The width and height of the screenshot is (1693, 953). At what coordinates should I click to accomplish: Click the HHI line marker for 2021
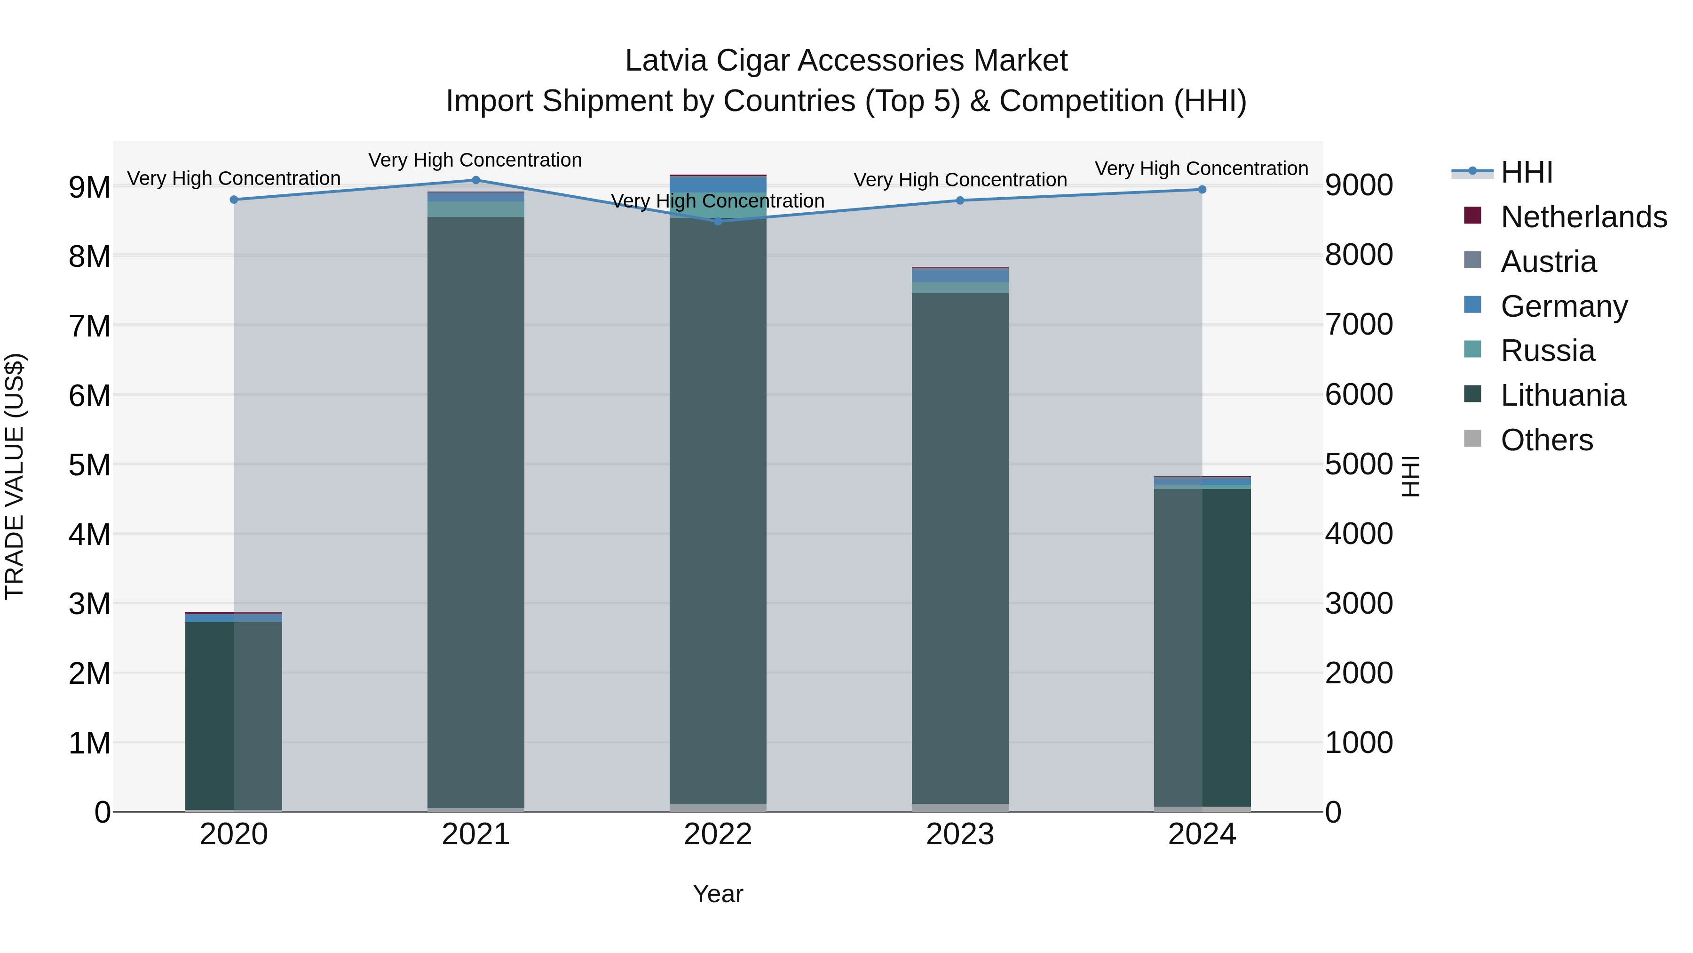click(x=476, y=180)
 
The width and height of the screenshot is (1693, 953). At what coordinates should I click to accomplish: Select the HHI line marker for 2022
click(x=718, y=222)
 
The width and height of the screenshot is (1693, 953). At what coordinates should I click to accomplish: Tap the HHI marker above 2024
click(x=1202, y=189)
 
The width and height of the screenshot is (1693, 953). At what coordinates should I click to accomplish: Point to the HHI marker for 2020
click(x=234, y=199)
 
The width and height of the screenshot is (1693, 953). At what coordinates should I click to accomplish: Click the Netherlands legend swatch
click(x=1473, y=216)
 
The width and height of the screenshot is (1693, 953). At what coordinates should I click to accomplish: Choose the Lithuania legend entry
click(x=1563, y=395)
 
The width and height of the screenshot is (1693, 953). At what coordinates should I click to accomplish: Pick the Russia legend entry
click(x=1547, y=351)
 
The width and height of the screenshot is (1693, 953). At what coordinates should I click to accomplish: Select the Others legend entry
click(x=1546, y=440)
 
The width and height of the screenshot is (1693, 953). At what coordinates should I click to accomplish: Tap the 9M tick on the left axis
click(x=90, y=187)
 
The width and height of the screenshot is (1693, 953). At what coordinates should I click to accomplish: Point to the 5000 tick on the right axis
click(x=1359, y=464)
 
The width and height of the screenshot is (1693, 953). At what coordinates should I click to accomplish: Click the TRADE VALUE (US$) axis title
click(x=15, y=476)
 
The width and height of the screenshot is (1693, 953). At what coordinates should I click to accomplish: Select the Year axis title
click(x=718, y=894)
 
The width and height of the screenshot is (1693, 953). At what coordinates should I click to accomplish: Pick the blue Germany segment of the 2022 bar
click(x=718, y=184)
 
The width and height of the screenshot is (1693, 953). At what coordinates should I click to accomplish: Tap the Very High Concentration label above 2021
click(x=475, y=160)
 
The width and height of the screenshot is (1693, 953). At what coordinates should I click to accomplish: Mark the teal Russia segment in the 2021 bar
click(x=476, y=209)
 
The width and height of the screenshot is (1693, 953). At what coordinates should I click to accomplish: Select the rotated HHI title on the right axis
click(x=1411, y=476)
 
